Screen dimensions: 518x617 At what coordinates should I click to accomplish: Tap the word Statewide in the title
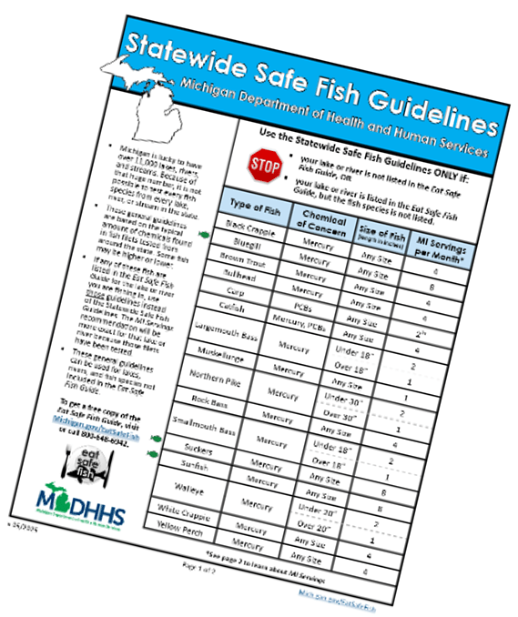coord(197,56)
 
